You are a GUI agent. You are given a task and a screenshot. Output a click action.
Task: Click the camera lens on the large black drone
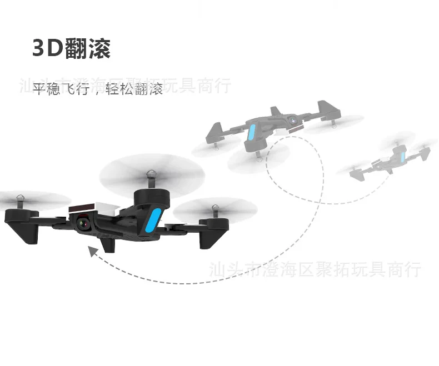83,223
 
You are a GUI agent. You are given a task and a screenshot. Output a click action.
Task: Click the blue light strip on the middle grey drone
252,134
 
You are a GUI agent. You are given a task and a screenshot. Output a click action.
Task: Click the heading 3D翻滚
72,49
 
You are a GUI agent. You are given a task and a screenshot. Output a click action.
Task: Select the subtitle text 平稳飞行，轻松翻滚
98,89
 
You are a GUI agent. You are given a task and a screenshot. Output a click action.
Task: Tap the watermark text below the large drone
315,270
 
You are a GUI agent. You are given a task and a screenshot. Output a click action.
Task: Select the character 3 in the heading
38,49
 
